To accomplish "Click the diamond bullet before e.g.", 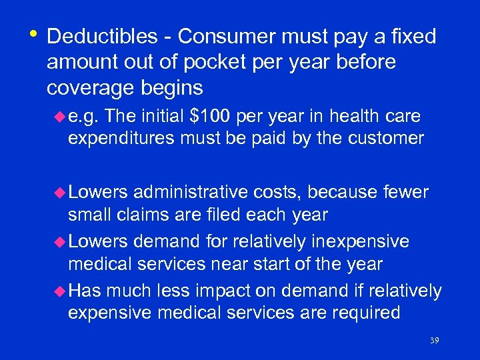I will (x=62, y=117).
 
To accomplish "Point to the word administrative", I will (x=188, y=193).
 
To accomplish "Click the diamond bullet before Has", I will (x=62, y=291).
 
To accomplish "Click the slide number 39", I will (x=434, y=341).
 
